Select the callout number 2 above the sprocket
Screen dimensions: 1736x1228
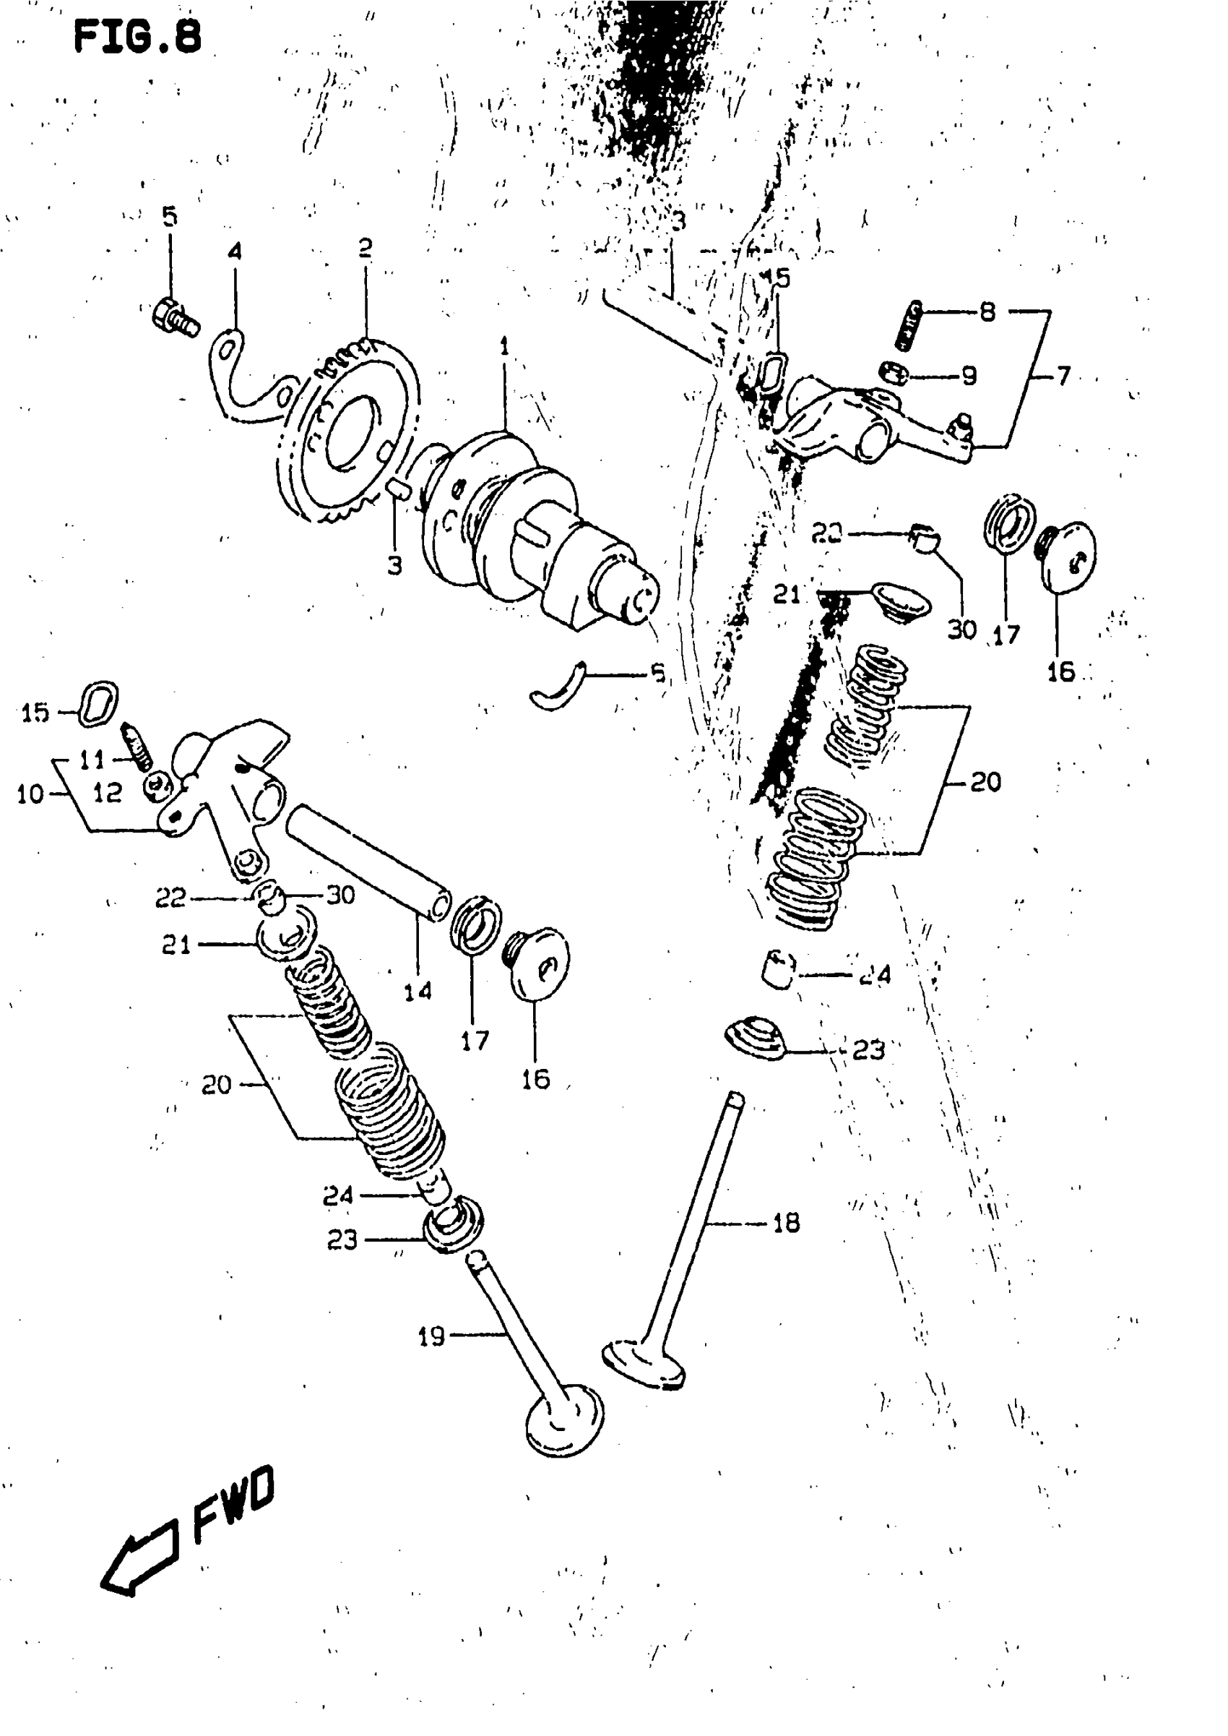point(366,247)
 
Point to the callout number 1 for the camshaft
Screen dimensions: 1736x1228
point(503,347)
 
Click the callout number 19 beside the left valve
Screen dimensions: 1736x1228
point(432,1336)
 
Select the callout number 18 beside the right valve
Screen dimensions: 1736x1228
point(787,1222)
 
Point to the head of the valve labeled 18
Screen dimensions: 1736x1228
point(644,1365)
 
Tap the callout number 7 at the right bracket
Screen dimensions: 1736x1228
point(1063,376)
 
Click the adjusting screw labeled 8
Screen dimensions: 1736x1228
point(908,326)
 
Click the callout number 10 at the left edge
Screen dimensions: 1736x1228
point(30,794)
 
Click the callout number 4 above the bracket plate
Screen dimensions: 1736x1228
point(235,251)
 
